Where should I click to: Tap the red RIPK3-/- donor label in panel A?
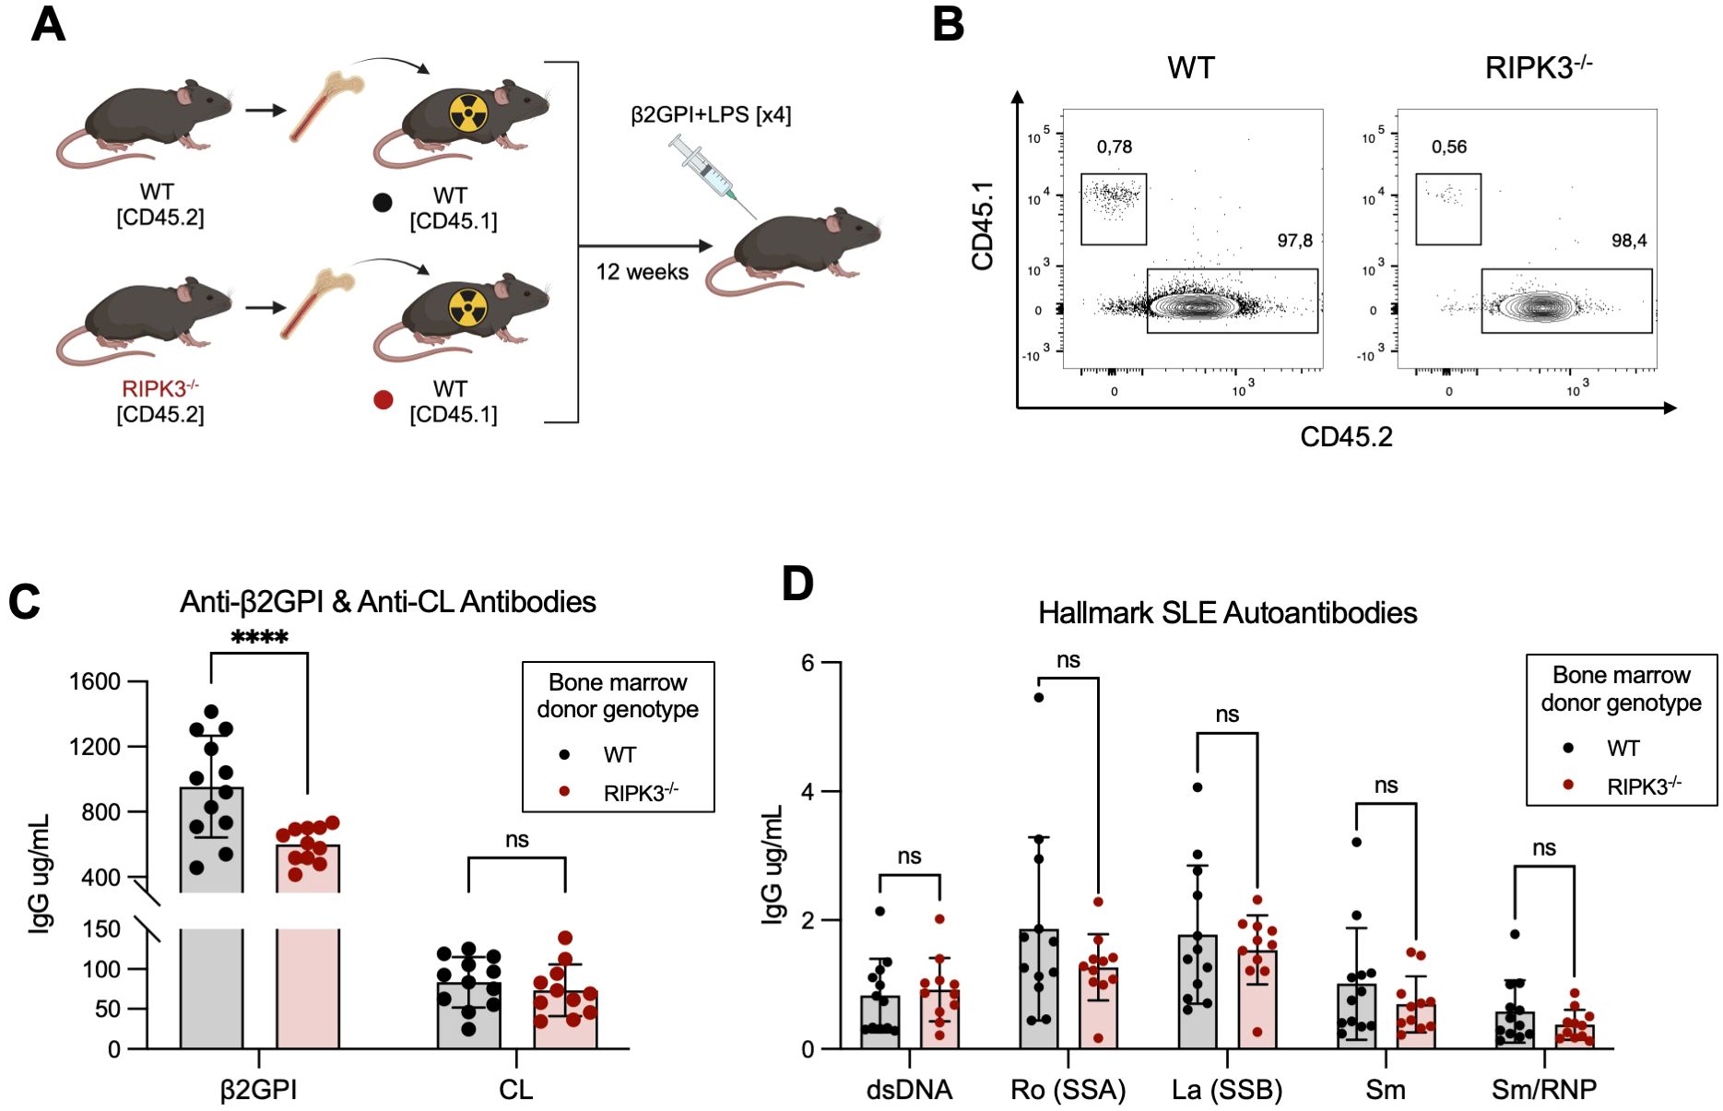tap(159, 389)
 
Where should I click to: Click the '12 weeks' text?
tap(642, 272)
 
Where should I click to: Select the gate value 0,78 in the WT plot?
tap(1114, 147)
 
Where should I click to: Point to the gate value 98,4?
tap(1628, 241)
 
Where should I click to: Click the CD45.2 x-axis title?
tap(1345, 436)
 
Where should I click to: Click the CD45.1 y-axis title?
tap(983, 225)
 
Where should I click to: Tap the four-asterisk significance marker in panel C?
tap(259, 637)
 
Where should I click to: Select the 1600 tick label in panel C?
tap(95, 681)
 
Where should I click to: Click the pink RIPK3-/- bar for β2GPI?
tap(307, 968)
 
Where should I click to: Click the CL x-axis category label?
tap(515, 1090)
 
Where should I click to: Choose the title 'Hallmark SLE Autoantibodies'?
tap(1227, 613)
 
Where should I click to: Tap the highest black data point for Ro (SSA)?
tap(1038, 697)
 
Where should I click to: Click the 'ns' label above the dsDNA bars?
tap(909, 857)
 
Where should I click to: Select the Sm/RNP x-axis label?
tap(1543, 1090)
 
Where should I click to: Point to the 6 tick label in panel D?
tap(808, 663)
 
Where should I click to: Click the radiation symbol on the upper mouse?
tap(469, 113)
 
